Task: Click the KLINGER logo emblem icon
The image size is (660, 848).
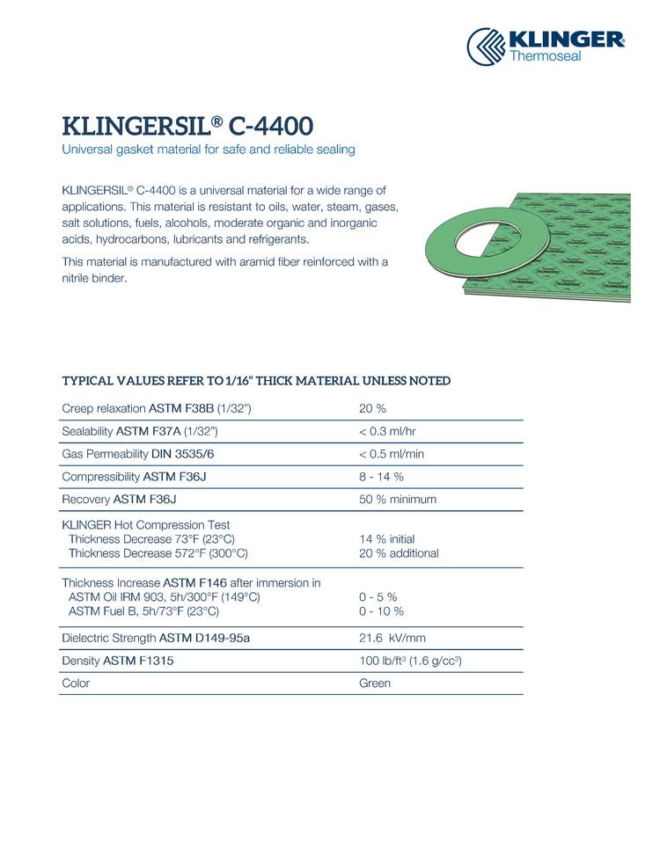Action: pyautogui.click(x=486, y=46)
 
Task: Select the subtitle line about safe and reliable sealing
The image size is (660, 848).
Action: pyautogui.click(x=209, y=150)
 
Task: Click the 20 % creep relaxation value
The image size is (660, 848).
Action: pyautogui.click(x=373, y=408)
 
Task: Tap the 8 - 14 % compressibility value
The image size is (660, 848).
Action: pyautogui.click(x=381, y=477)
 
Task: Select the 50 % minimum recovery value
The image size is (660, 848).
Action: pyautogui.click(x=398, y=500)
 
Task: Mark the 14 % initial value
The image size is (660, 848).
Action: pyautogui.click(x=386, y=538)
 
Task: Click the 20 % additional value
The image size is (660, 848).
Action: pyautogui.click(x=399, y=553)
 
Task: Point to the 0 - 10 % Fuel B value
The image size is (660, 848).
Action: pyautogui.click(x=381, y=611)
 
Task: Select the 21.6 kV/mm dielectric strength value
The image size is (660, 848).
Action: pyautogui.click(x=393, y=638)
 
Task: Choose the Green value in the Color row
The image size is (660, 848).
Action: pyautogui.click(x=375, y=684)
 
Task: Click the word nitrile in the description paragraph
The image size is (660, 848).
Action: pyautogui.click(x=80, y=279)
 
